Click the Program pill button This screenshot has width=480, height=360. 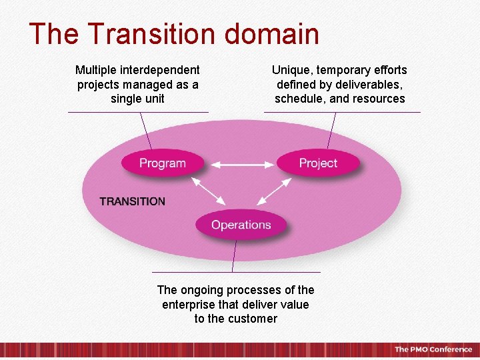(x=162, y=163)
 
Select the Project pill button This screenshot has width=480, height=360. (x=318, y=163)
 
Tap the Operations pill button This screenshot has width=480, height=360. (x=241, y=225)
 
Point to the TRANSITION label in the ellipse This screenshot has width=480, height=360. (x=132, y=201)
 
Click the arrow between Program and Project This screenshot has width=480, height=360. (x=240, y=163)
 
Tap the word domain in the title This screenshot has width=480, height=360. (x=280, y=34)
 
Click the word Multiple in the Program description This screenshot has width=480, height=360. (x=95, y=70)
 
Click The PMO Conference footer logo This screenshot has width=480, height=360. (x=433, y=349)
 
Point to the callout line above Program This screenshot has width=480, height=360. (x=145, y=130)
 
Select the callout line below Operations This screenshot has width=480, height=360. (x=233, y=257)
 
